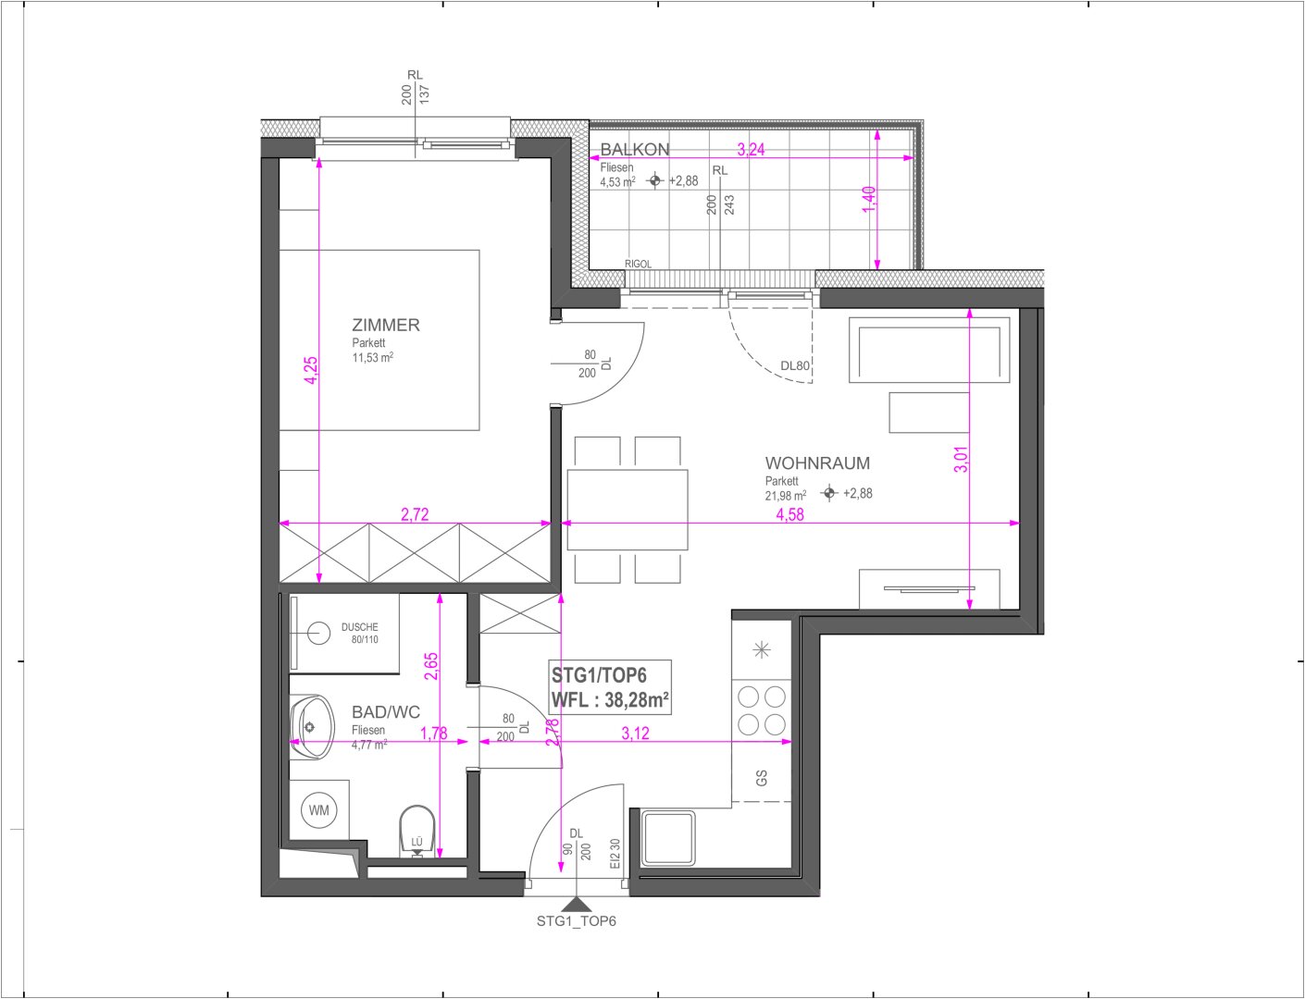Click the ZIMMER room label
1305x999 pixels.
[386, 326]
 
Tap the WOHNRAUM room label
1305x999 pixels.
[817, 463]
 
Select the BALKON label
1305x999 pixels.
[635, 150]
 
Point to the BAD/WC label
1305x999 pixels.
[386, 712]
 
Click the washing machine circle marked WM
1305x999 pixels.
[319, 810]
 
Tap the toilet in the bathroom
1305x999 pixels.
[416, 831]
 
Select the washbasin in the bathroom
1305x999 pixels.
[312, 727]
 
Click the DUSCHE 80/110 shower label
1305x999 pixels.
[360, 633]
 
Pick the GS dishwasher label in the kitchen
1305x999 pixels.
[762, 779]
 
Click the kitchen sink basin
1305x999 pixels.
[668, 838]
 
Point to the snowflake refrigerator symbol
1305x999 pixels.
[762, 649]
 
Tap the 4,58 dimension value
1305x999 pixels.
[789, 514]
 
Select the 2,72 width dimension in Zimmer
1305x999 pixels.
[415, 514]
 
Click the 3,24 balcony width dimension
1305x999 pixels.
[751, 150]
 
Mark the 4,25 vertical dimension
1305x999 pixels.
[311, 370]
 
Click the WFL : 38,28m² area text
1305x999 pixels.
[610, 700]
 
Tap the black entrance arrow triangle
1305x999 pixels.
[577, 905]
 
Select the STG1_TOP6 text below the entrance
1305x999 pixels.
[577, 921]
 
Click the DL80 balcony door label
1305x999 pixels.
[795, 365]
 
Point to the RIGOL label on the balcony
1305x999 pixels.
[638, 264]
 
